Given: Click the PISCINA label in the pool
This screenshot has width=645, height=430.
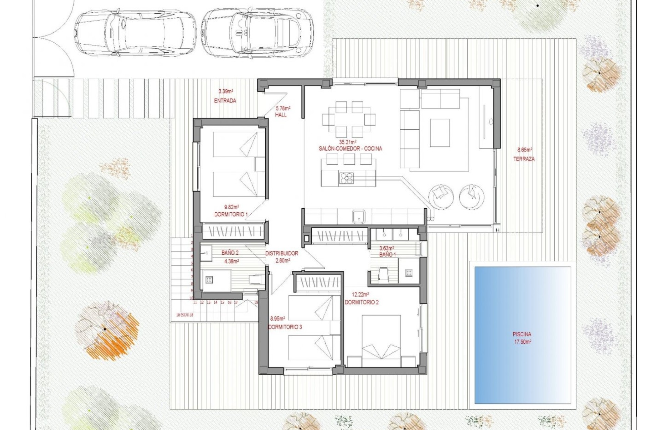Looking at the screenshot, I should pyautogui.click(x=522, y=334).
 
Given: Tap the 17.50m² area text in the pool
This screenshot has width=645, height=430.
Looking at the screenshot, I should pyautogui.click(x=522, y=342).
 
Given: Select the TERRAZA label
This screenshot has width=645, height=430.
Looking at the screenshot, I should pyautogui.click(x=524, y=159).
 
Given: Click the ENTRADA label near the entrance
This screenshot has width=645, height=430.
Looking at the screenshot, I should pyautogui.click(x=225, y=100).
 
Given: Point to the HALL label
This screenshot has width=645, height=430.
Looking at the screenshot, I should pyautogui.click(x=281, y=115).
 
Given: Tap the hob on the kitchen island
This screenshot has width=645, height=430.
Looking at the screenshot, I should pyautogui.click(x=346, y=178).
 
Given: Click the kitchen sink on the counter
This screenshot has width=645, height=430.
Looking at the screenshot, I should pyautogui.click(x=359, y=216).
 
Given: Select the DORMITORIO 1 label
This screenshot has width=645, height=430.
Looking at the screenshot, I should pyautogui.click(x=231, y=214).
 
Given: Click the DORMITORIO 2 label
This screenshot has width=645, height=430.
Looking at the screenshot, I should pyautogui.click(x=361, y=302).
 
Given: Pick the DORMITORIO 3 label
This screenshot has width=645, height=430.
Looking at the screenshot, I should pyautogui.click(x=285, y=327).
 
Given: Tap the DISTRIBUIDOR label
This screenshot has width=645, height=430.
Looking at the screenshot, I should pyautogui.click(x=282, y=253).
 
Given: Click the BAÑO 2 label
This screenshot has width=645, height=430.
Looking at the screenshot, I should pyautogui.click(x=230, y=253).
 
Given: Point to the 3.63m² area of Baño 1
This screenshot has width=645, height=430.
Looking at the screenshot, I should pyautogui.click(x=386, y=248).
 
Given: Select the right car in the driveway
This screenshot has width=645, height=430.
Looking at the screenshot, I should pyautogui.click(x=257, y=33).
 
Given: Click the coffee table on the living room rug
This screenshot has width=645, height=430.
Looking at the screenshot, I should pyautogui.click(x=440, y=133).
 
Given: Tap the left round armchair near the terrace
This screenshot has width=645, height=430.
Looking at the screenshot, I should pyautogui.click(x=441, y=197).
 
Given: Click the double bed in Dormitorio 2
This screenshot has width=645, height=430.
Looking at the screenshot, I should pyautogui.click(x=381, y=340).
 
